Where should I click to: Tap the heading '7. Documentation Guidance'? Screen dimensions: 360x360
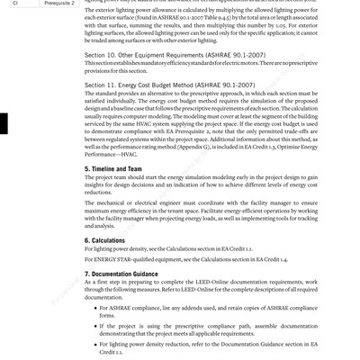[x=131, y=273]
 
